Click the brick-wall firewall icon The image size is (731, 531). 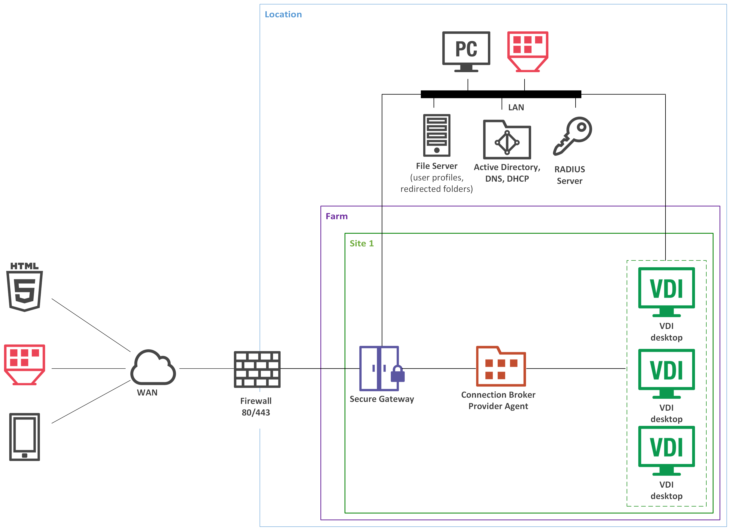click(257, 369)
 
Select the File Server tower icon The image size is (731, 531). click(437, 135)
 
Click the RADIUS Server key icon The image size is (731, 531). click(572, 136)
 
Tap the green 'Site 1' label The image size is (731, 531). click(362, 243)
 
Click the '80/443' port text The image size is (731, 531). click(256, 412)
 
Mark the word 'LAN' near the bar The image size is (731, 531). click(516, 107)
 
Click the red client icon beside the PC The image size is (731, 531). click(528, 51)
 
